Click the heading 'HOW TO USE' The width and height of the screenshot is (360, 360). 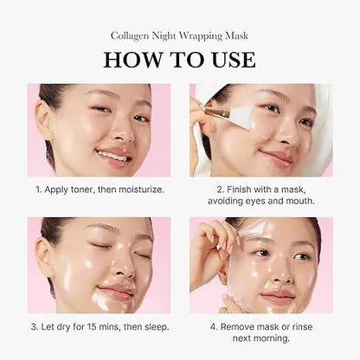(x=179, y=59)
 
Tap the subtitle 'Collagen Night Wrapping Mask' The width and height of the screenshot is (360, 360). (x=179, y=35)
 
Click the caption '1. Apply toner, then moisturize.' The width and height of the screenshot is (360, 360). (x=99, y=188)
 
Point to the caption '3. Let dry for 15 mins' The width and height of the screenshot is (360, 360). (x=99, y=326)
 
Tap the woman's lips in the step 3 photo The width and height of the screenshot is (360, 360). (x=116, y=288)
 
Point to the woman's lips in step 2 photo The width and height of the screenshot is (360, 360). (x=274, y=157)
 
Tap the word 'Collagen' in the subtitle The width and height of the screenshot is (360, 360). (x=129, y=35)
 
